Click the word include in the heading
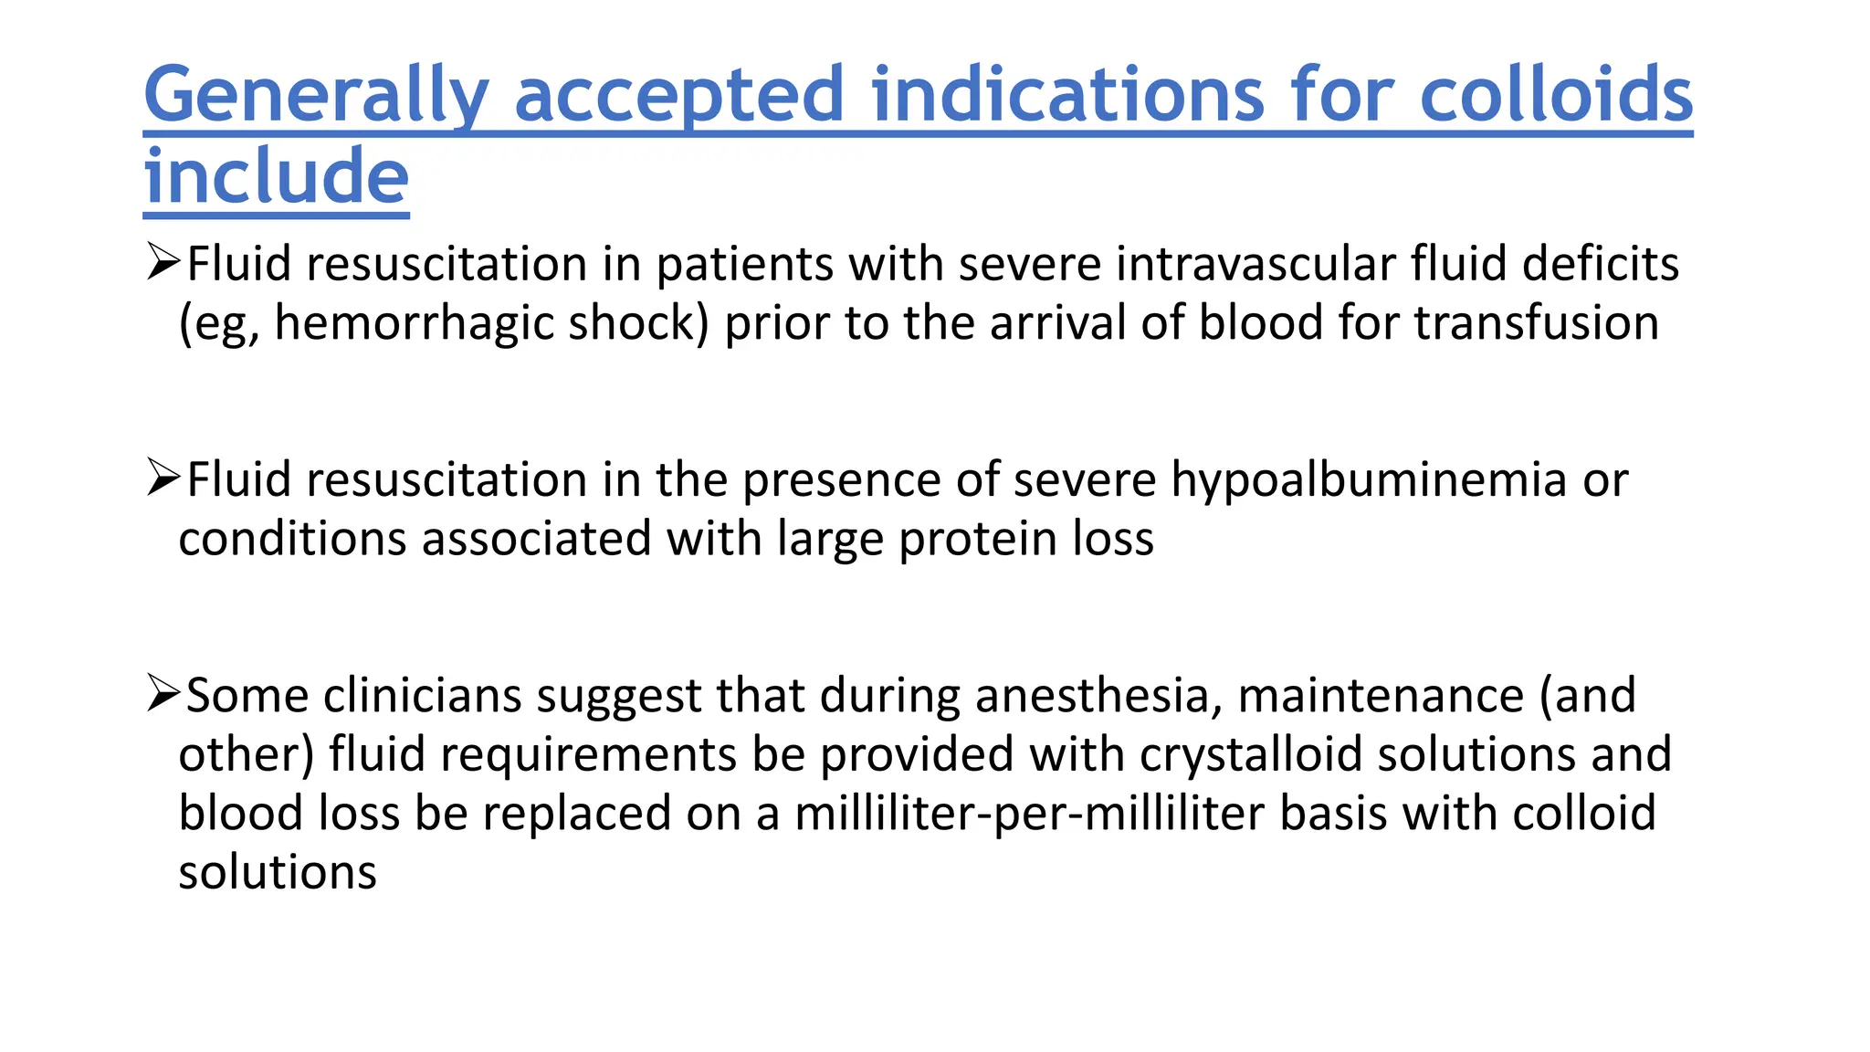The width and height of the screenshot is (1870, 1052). [x=276, y=176]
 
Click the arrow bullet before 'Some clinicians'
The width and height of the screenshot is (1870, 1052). [x=163, y=694]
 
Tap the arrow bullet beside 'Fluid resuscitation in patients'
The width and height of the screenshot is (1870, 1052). [x=163, y=263]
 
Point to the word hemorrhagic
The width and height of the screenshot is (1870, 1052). [x=414, y=323]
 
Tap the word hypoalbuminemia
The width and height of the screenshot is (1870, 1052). [x=1369, y=480]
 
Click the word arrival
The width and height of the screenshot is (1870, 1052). [x=1057, y=323]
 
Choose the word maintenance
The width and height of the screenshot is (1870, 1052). [x=1381, y=696]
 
